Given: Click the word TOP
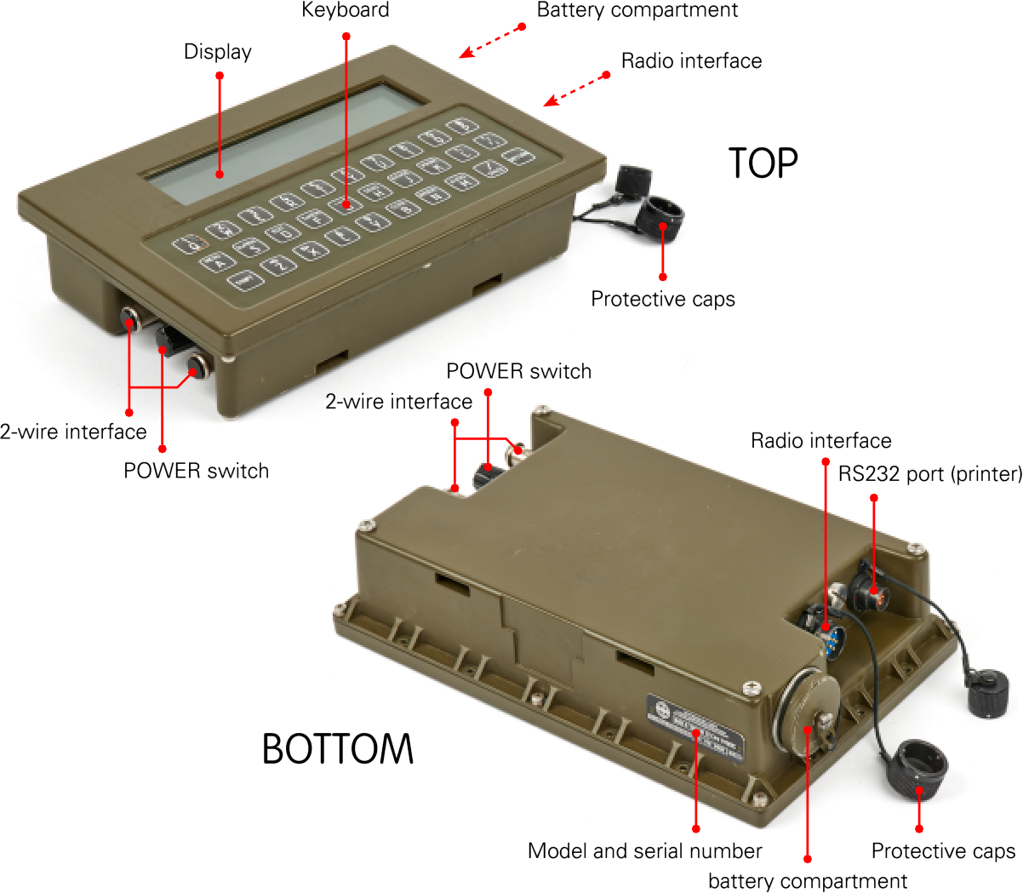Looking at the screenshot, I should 763,163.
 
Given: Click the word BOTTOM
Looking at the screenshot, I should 337,749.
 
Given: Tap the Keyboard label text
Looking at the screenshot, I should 345,10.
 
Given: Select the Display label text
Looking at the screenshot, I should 217,52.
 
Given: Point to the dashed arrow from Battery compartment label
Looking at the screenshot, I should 492,42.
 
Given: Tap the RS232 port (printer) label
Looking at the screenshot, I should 929,473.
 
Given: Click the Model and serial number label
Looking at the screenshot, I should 644,850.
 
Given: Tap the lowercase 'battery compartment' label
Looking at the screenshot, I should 807,881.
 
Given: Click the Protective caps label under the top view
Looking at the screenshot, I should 662,299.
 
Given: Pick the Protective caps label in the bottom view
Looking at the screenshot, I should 942,850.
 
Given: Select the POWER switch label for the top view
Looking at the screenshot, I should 196,471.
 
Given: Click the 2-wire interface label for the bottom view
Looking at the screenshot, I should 398,401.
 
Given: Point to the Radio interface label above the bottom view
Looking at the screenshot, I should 820,440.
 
